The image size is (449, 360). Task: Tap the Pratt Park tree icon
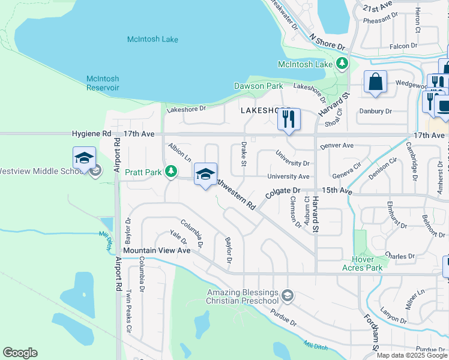[x=171, y=172]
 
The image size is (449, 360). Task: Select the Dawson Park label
[x=258, y=86]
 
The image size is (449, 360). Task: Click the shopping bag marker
[x=375, y=82]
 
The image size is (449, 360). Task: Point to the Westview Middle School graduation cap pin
[x=84, y=158]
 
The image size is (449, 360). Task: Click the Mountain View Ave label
[x=157, y=250]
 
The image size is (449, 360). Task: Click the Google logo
[x=20, y=353]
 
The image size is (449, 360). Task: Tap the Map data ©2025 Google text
[x=411, y=355]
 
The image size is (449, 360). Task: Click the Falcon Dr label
[x=403, y=46]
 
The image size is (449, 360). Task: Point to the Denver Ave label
[x=337, y=146]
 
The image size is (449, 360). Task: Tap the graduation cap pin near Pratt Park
[x=205, y=175]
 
